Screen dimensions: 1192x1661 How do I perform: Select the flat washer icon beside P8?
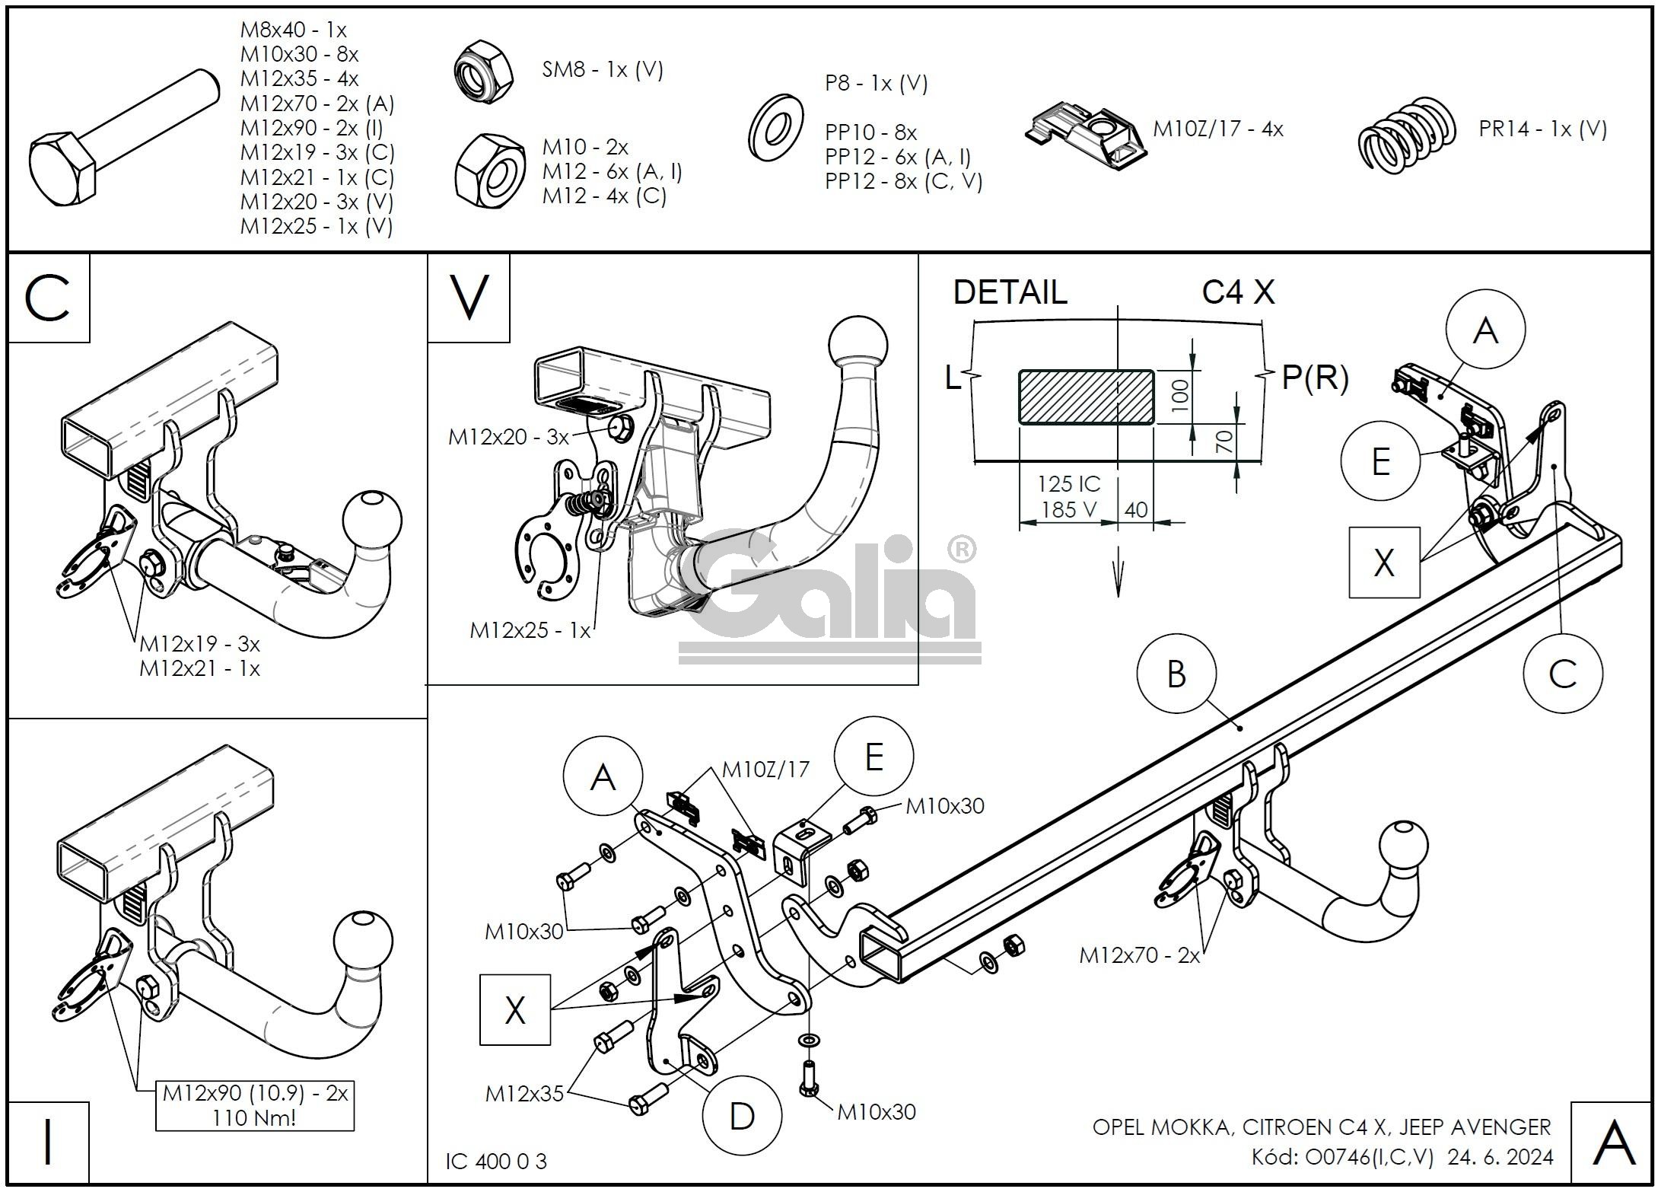(775, 127)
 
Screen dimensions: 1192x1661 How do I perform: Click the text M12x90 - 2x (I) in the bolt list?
(312, 128)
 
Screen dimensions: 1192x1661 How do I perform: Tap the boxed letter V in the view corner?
(468, 298)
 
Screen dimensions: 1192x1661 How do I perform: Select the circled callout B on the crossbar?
(1176, 674)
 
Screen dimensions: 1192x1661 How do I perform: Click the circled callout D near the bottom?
(741, 1117)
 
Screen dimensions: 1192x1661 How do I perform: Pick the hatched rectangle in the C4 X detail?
(1086, 397)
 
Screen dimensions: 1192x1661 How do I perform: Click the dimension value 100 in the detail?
(1179, 396)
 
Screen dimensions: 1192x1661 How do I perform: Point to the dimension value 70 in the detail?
(1224, 441)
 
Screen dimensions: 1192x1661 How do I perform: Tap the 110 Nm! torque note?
(254, 1117)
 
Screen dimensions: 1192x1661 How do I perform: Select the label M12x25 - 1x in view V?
(530, 630)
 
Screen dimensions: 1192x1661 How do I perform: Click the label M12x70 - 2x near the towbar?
(1139, 955)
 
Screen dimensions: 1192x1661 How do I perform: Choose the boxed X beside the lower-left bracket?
(514, 1009)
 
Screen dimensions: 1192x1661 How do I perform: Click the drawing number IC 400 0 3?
(496, 1161)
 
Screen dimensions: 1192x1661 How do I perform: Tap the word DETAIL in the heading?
(1010, 292)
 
